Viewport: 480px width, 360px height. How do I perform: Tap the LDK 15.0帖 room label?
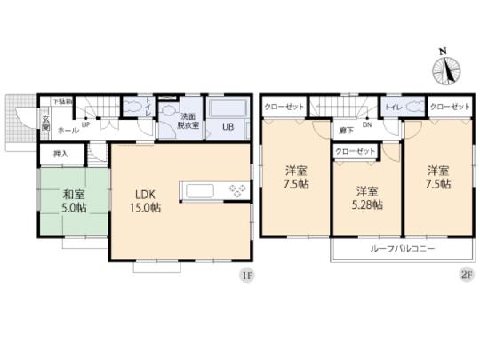click(x=146, y=200)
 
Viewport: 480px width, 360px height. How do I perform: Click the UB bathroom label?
click(x=228, y=126)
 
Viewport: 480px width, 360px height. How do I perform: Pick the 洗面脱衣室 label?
click(x=188, y=121)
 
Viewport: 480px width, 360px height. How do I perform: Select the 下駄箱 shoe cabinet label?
click(x=60, y=100)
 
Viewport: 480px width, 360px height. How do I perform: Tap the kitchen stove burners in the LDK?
click(x=239, y=189)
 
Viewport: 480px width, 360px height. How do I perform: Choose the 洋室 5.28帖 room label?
click(x=364, y=197)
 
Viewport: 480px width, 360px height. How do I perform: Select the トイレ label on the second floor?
click(x=395, y=107)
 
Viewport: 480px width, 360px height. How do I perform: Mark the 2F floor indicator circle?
click(x=464, y=276)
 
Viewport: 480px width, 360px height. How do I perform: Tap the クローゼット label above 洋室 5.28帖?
click(x=355, y=152)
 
